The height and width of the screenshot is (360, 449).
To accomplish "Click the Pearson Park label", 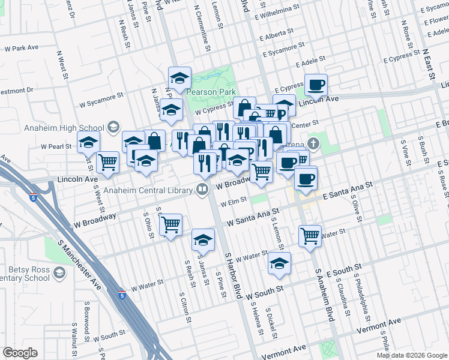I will [x=207, y=92].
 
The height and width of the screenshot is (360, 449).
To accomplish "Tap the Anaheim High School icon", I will [x=113, y=127].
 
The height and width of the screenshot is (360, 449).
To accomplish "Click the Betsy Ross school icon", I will [x=59, y=274].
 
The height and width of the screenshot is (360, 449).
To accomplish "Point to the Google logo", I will [x=20, y=353].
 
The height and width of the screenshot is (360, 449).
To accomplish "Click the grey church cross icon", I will [x=312, y=143].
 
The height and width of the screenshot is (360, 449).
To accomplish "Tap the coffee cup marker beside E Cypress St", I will [x=316, y=85].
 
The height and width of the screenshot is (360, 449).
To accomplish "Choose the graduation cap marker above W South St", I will [x=279, y=263].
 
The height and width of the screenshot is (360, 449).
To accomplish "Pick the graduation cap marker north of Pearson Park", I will [x=179, y=79].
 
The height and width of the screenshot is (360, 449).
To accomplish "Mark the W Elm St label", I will [x=234, y=203].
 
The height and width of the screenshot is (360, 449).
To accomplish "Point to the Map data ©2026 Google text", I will [x=411, y=355].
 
